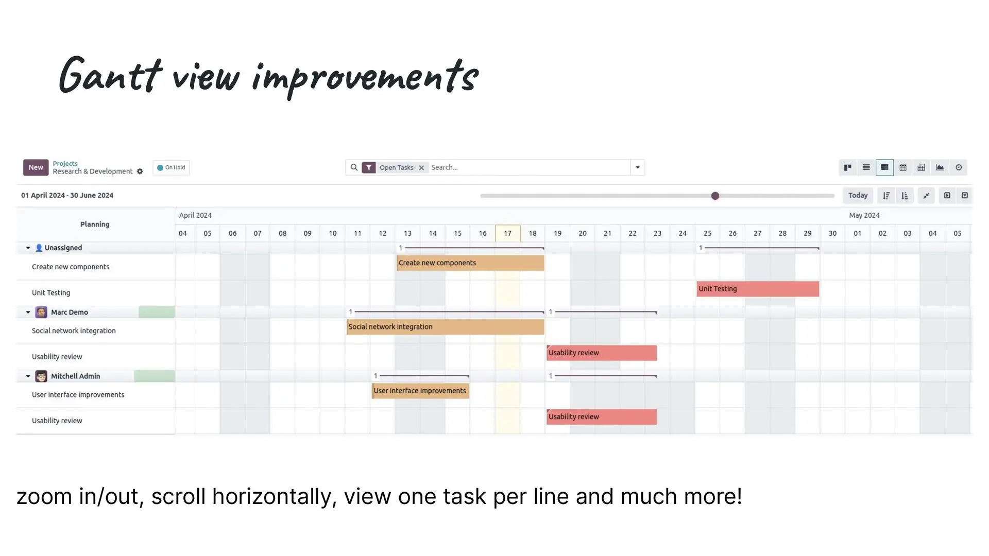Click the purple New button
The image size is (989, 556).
(36, 167)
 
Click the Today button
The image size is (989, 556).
(858, 196)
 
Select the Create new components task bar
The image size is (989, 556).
(470, 263)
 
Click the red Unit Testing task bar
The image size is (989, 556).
(758, 289)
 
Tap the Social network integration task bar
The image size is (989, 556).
(445, 327)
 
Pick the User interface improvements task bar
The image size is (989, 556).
(420, 391)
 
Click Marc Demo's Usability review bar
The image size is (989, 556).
(602, 353)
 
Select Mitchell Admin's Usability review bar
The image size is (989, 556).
(602, 416)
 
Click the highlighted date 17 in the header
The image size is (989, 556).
(508, 233)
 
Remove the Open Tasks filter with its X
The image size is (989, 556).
(421, 168)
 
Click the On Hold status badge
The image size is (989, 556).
(171, 167)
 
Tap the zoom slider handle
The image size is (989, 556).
(715, 196)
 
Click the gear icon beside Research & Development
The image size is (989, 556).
(140, 171)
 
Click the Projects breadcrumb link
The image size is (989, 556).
(65, 163)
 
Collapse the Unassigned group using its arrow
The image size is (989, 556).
(28, 248)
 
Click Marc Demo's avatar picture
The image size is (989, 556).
(41, 312)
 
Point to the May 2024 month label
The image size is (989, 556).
(864, 215)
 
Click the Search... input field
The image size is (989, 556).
(529, 167)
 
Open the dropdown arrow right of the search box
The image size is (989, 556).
(638, 167)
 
